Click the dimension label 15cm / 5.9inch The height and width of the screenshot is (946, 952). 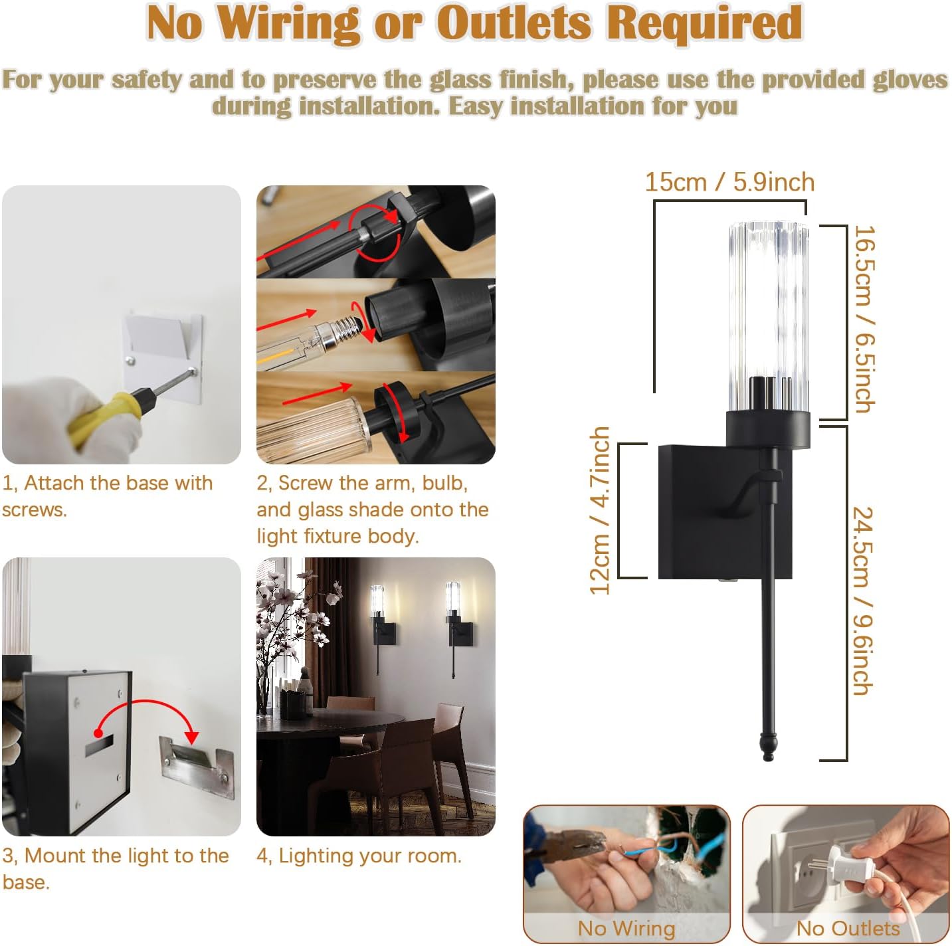point(729,182)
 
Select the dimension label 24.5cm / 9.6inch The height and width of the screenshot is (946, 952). point(864,601)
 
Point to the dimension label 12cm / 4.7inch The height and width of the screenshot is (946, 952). point(600,510)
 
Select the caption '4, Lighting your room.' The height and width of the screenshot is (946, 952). point(359,856)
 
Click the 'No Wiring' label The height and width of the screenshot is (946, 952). point(626,927)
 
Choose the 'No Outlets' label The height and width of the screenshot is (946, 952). point(848,927)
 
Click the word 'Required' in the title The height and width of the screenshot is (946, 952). point(704,24)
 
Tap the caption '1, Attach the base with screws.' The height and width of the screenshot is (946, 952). point(107,496)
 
